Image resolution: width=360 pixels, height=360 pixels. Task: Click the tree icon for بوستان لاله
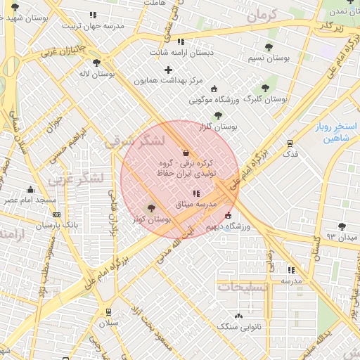point(106,63)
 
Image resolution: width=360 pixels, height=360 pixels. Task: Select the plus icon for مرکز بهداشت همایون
point(167,70)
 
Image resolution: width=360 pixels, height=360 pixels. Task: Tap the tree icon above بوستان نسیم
point(268,48)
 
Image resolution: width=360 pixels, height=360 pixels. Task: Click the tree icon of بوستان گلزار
point(218,115)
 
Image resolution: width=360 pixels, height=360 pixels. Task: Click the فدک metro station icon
point(290,143)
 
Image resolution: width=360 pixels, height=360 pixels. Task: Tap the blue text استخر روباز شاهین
point(335,132)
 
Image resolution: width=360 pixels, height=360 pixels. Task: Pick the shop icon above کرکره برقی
point(186,152)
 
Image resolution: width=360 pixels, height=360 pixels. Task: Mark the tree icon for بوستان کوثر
point(150,208)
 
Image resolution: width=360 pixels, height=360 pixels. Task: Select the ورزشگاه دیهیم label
point(225,226)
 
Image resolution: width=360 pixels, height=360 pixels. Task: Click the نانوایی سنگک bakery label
point(238,326)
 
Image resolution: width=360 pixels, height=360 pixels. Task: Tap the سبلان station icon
point(108,311)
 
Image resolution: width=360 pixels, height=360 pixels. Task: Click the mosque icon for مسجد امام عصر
point(30,189)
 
